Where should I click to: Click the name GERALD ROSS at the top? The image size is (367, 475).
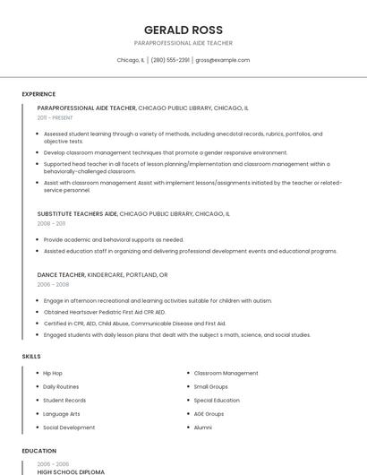tap(183, 30)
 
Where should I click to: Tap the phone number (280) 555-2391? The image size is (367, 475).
tap(170, 60)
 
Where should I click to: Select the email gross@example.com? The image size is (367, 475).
tap(222, 60)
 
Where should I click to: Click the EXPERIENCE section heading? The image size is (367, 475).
tap(38, 94)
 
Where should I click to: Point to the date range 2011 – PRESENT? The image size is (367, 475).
tap(55, 117)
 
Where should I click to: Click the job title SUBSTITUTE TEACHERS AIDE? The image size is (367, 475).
tap(78, 214)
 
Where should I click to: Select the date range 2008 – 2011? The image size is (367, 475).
tap(51, 224)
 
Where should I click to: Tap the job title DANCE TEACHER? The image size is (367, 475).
tap(61, 274)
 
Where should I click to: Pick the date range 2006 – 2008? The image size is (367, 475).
tap(53, 284)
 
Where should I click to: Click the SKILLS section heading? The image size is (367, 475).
tap(31, 357)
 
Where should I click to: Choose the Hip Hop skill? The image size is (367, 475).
tap(53, 373)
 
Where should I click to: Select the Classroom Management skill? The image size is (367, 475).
tap(226, 373)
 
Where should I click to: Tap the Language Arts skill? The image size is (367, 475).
tap(62, 414)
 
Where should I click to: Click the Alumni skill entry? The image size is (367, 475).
tap(203, 427)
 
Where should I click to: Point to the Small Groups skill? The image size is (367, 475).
tap(211, 386)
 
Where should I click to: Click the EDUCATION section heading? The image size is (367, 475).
tap(38, 451)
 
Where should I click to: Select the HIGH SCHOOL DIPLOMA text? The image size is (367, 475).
tap(71, 471)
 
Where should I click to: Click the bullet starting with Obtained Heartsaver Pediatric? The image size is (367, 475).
tap(105, 312)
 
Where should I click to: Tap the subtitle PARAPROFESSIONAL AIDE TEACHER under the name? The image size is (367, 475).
tap(183, 43)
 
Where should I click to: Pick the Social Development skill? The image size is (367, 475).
tap(69, 427)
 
